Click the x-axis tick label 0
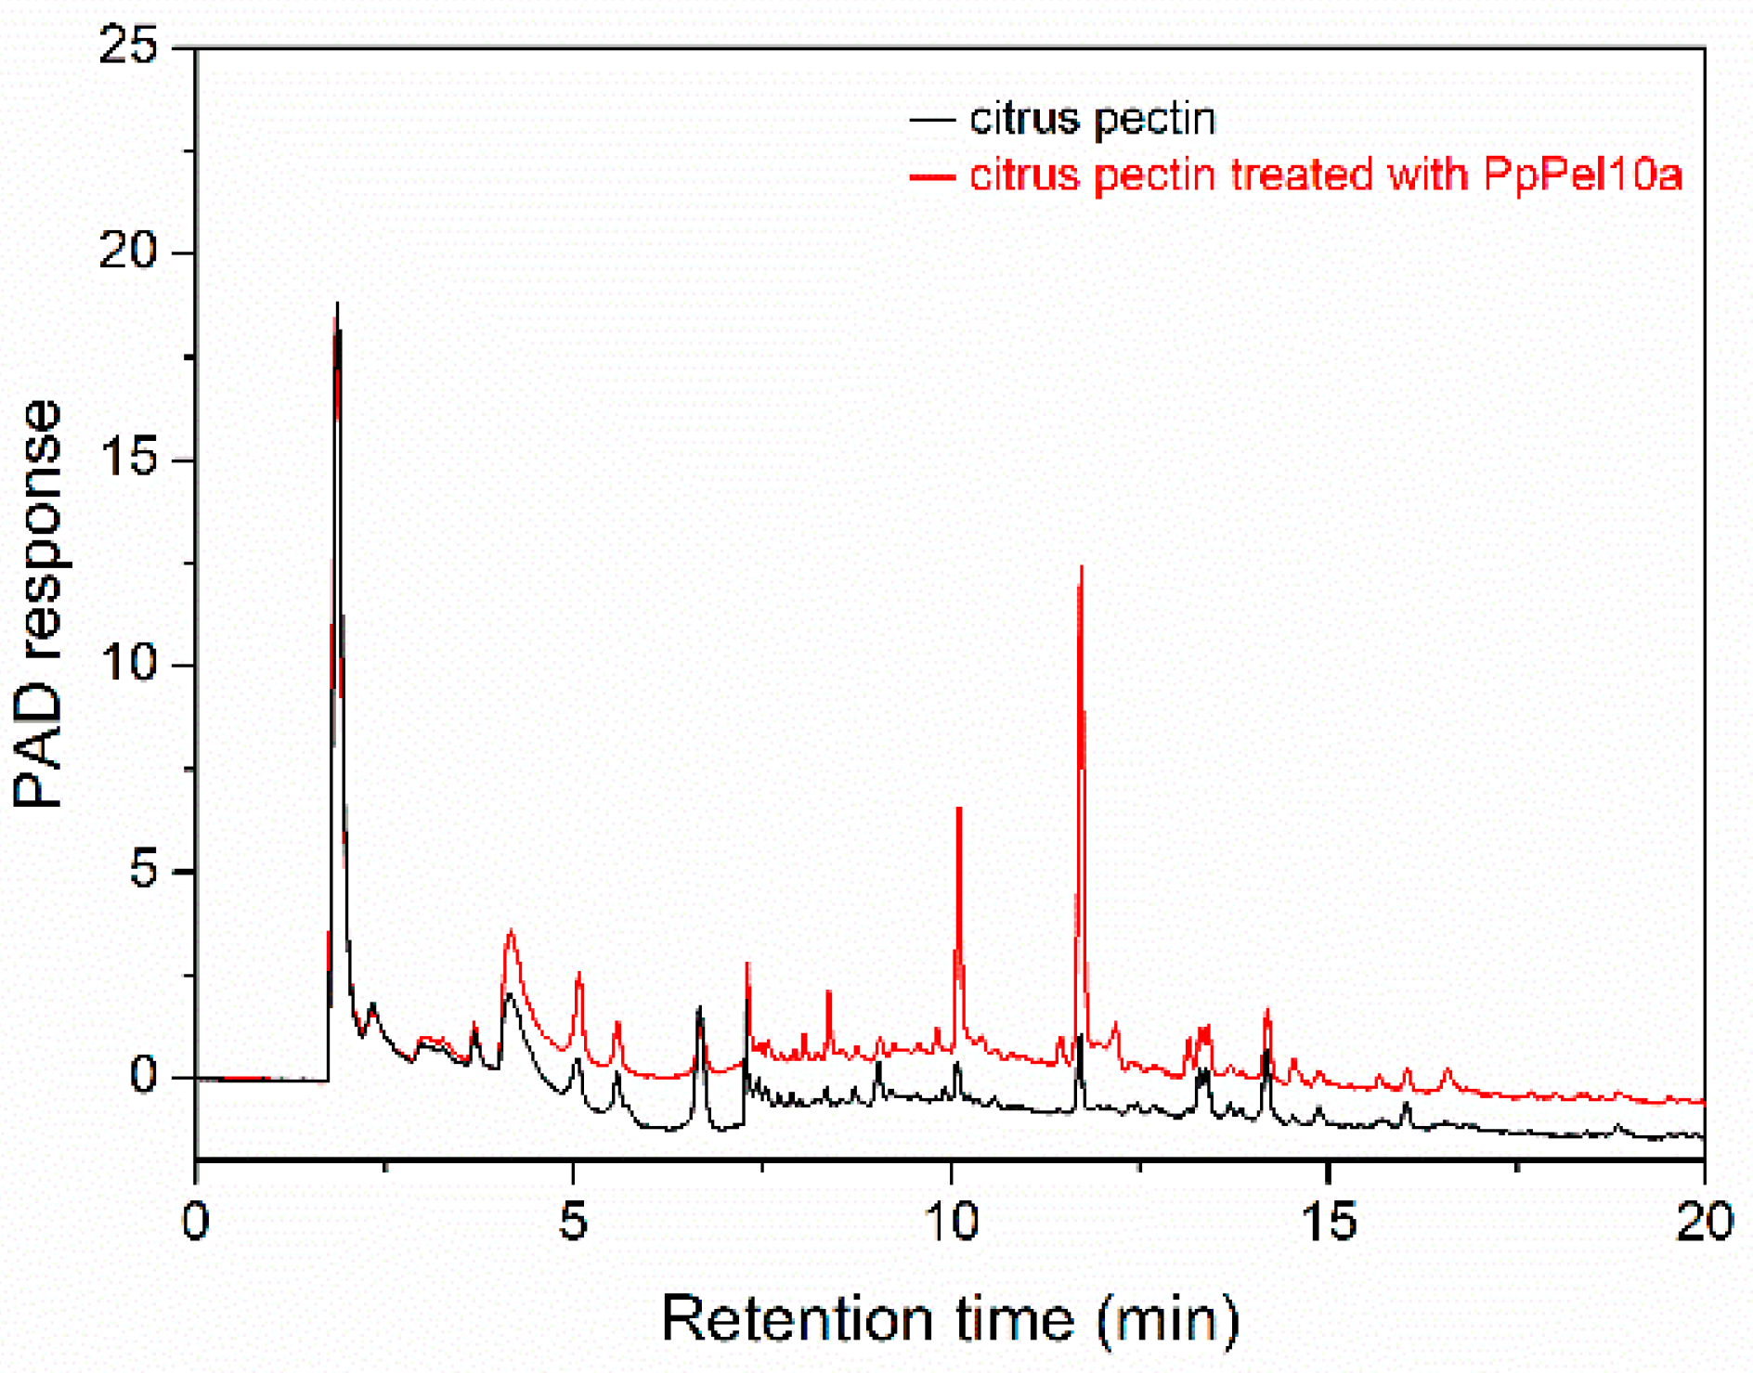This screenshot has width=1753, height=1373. click(196, 1222)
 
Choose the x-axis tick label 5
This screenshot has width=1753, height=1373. click(573, 1222)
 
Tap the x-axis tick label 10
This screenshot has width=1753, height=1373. click(952, 1222)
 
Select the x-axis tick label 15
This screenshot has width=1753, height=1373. click(1329, 1222)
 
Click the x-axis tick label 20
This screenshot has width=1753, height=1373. click(1705, 1222)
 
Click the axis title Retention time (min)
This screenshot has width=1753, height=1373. click(950, 1318)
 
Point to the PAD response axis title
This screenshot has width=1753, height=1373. click(39, 603)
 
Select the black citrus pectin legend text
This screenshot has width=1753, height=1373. click(1092, 119)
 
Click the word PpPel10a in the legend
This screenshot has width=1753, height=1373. click(1582, 174)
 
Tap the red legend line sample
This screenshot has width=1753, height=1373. click(932, 175)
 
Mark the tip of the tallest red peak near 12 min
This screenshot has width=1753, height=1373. click(1081, 567)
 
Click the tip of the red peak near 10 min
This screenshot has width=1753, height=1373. click(959, 810)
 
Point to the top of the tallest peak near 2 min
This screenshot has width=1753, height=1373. click(337, 304)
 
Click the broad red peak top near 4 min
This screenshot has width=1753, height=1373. click(510, 931)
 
